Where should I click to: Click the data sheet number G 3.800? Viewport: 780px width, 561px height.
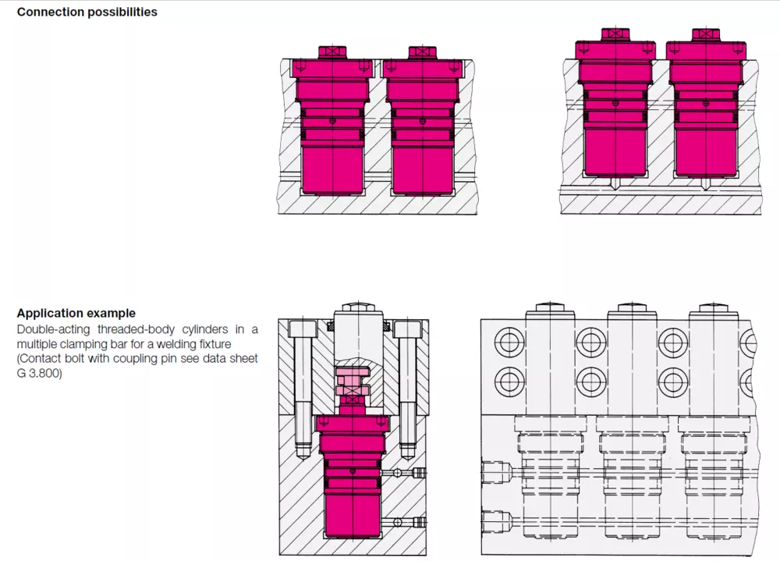click(39, 373)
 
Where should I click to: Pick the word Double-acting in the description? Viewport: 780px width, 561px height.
click(54, 329)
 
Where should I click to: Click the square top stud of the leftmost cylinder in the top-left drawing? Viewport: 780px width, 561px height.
click(332, 51)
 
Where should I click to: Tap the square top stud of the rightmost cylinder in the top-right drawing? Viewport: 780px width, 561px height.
click(706, 34)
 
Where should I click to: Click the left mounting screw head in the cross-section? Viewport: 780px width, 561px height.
click(303, 328)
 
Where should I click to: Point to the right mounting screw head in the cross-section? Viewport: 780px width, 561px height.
click(407, 328)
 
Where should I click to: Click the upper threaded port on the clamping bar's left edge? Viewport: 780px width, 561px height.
click(496, 472)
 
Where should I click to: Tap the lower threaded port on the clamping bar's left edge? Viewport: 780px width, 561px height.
click(496, 522)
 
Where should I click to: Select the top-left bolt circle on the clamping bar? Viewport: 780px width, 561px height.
click(509, 343)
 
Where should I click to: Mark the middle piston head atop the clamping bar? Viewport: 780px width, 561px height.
click(632, 311)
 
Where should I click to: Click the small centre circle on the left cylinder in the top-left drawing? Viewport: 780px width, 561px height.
click(333, 121)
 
